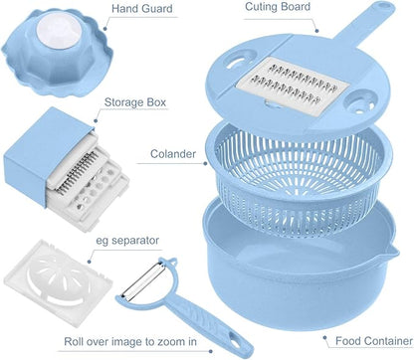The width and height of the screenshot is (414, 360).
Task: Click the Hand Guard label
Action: (142, 9)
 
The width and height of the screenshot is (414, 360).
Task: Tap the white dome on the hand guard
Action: (59, 31)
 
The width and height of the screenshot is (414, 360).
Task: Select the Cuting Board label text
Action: (278, 7)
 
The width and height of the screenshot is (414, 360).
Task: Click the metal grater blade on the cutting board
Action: (293, 86)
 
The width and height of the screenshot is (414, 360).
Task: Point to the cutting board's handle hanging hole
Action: (386, 5)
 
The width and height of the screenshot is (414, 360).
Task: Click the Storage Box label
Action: (135, 102)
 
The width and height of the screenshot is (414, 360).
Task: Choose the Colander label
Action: (173, 154)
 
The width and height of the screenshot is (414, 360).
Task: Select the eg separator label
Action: (127, 241)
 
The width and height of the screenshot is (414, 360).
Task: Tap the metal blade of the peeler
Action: (142, 279)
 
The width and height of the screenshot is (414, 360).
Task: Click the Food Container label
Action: (374, 341)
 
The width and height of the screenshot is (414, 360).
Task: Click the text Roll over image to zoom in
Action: (130, 341)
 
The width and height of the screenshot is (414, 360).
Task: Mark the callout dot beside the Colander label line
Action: (205, 163)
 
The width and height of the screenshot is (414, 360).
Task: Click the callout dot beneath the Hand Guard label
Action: (104, 29)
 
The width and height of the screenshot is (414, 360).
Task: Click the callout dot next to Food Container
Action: (325, 338)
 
